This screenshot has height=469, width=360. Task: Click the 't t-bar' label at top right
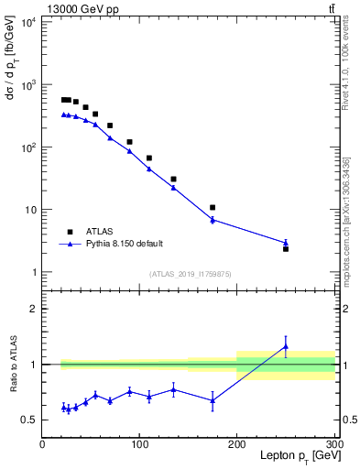331,9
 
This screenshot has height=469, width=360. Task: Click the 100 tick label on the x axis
140,444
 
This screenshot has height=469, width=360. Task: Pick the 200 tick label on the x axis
237,444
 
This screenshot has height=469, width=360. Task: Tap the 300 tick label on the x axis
334,444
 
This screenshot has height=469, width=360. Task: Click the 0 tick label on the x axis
42,444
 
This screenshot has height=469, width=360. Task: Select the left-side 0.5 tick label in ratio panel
29,420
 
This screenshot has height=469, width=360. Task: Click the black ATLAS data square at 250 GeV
286,248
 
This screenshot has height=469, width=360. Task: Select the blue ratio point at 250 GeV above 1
286,346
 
